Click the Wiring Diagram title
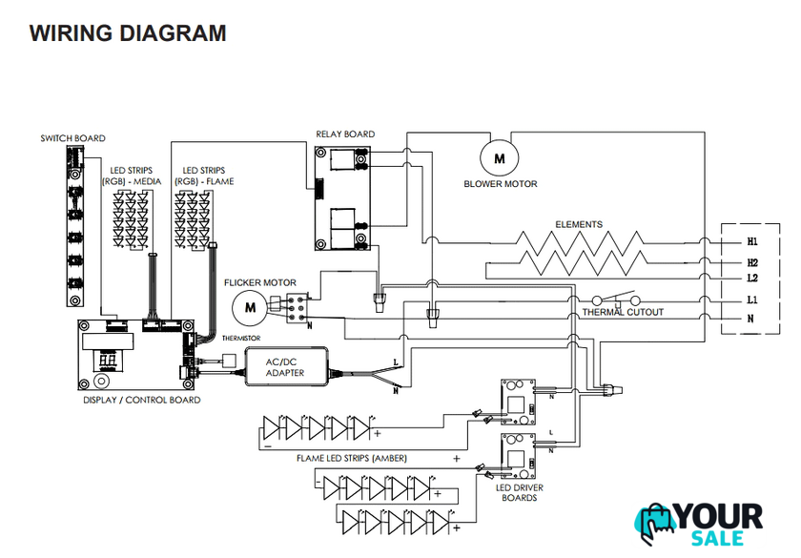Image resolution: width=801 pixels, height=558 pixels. (128, 33)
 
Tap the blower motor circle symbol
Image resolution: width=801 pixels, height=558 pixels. (499, 154)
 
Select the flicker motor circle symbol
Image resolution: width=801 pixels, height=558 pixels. (251, 307)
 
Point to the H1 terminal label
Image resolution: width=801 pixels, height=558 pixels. (752, 243)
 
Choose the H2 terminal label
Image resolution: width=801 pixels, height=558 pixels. (752, 262)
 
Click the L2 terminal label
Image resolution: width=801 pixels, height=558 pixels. (752, 279)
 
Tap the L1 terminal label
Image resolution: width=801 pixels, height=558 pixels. (752, 300)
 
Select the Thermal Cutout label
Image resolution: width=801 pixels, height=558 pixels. (623, 313)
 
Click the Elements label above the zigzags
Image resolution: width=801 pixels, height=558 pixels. (579, 225)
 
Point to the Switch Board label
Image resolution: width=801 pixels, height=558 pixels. (72, 138)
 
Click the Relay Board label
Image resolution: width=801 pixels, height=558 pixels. (345, 134)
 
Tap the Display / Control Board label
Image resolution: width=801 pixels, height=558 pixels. (142, 401)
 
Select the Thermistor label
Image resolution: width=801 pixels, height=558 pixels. (240, 339)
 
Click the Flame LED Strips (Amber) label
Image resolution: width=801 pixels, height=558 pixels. (352, 459)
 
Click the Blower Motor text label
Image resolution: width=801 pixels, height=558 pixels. (501, 184)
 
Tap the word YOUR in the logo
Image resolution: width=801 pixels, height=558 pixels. (721, 517)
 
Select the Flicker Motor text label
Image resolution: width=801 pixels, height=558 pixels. (259, 283)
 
